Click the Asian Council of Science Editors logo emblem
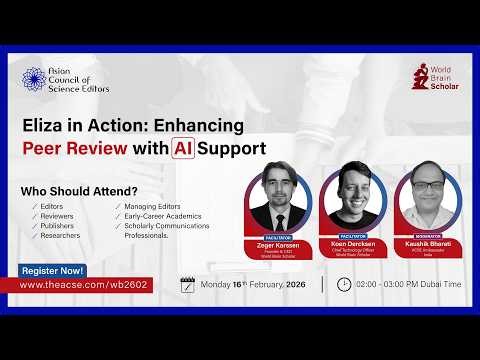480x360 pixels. [x=34, y=80]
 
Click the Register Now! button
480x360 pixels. [x=53, y=271]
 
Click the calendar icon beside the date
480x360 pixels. [x=187, y=284]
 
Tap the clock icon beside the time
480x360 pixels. [x=344, y=284]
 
